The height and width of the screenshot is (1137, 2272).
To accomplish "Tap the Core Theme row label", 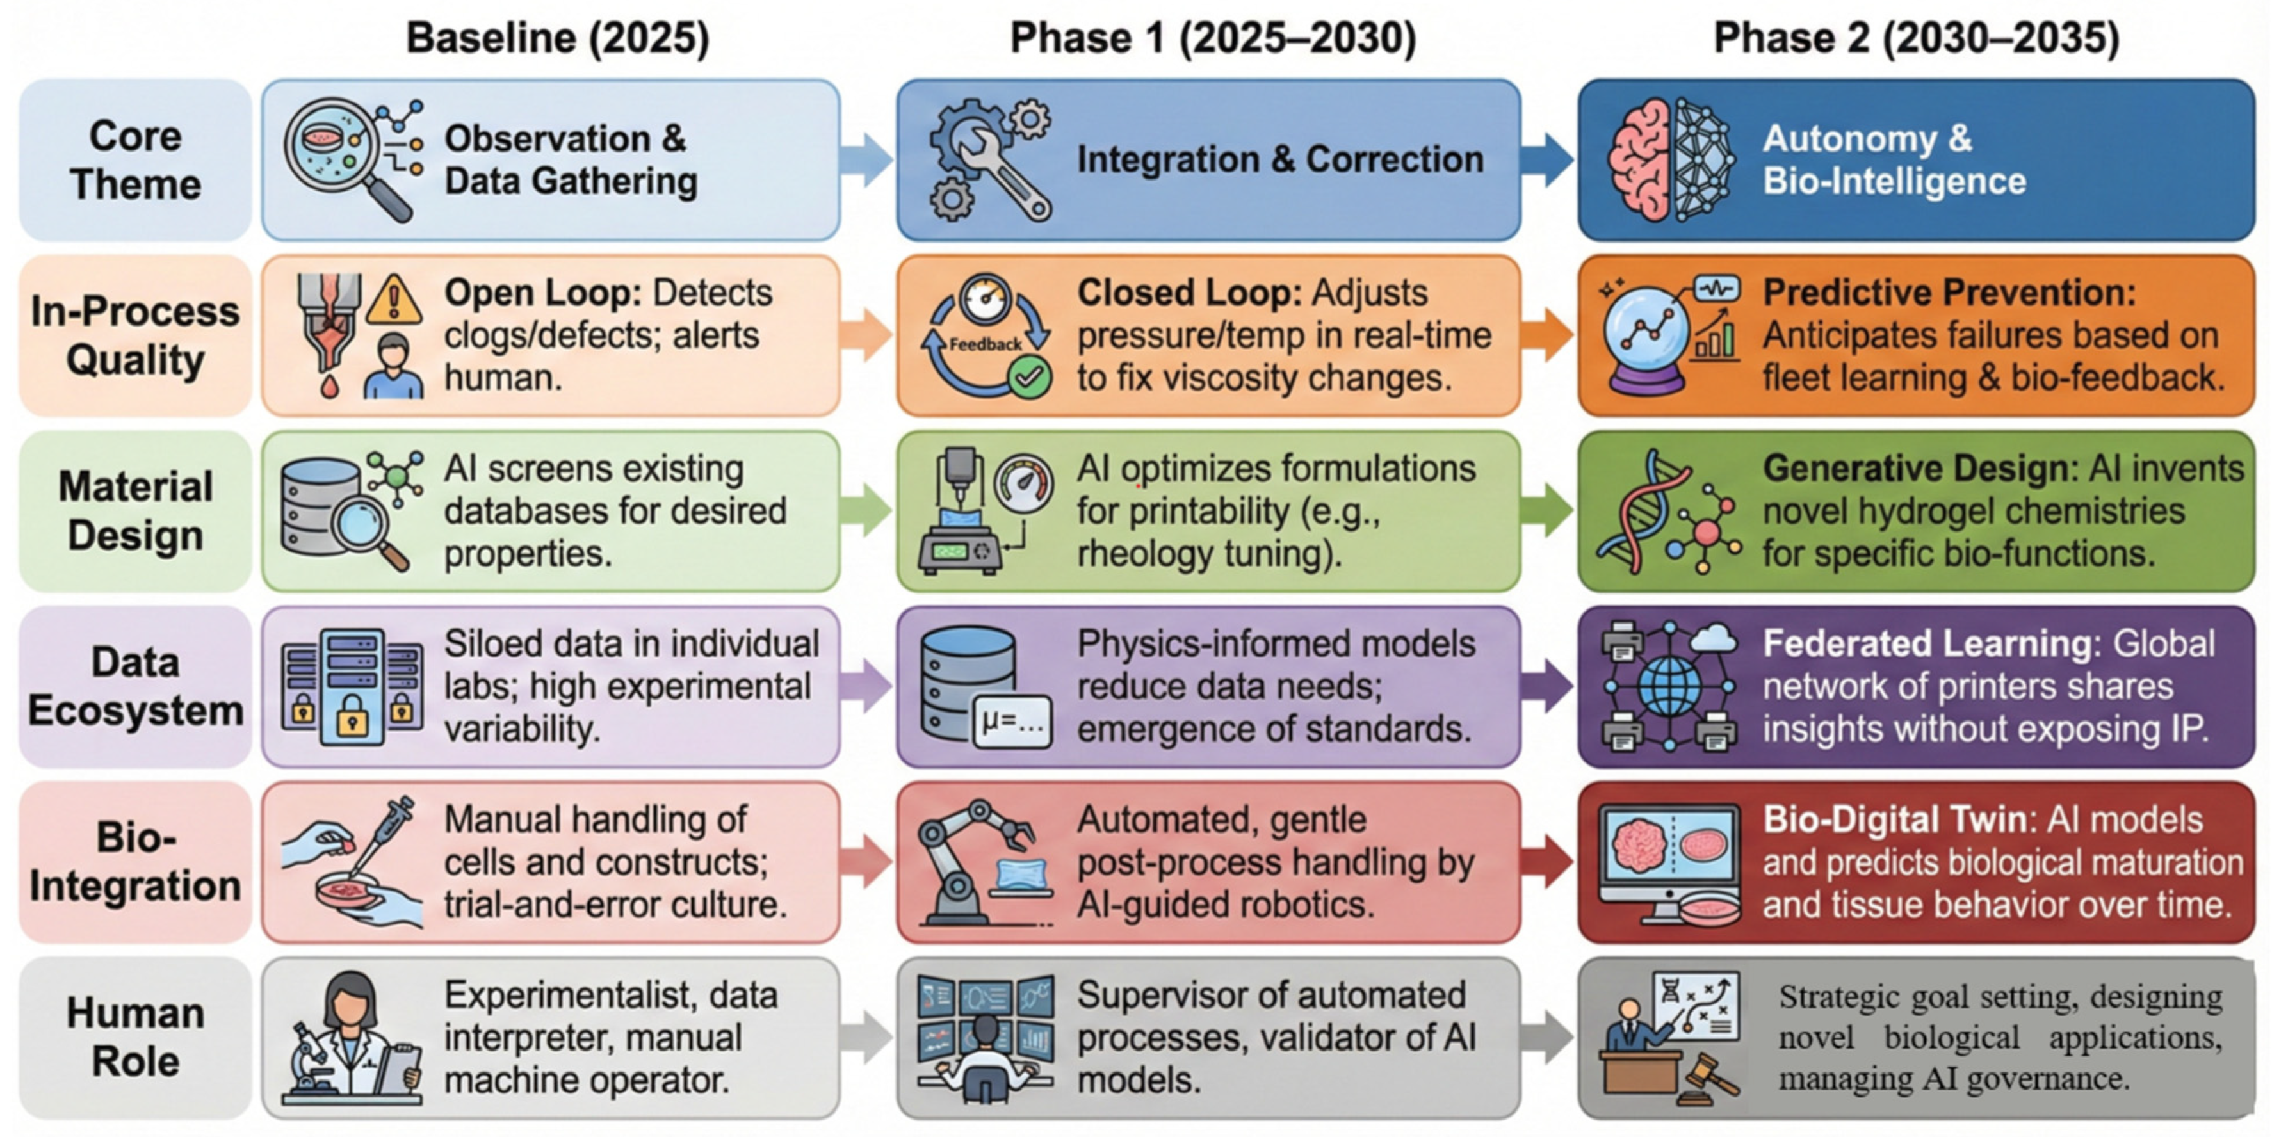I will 135,159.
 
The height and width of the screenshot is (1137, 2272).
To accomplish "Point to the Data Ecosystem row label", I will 135,686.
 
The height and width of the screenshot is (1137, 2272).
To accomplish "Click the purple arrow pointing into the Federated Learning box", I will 1548,686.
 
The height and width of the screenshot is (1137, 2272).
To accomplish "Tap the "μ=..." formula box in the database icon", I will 1012,723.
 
